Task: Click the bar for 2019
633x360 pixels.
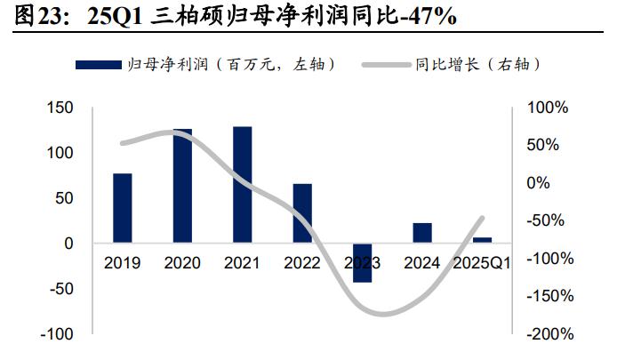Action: (x=122, y=207)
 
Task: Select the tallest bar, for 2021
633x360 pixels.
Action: (x=242, y=184)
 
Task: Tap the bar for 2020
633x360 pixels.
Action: (x=182, y=185)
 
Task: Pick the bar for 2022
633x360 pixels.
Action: (x=302, y=213)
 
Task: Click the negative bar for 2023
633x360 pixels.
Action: (x=362, y=262)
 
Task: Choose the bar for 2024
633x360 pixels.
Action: (x=422, y=233)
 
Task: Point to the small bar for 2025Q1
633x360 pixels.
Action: (x=482, y=240)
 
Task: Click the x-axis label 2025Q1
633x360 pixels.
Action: (x=482, y=263)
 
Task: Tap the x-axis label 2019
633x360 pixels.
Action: (x=122, y=263)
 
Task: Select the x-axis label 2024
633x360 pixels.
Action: (x=422, y=263)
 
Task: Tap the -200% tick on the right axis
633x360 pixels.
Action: (x=549, y=334)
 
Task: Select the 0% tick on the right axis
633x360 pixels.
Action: (x=539, y=183)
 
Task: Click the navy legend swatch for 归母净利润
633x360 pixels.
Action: (x=99, y=65)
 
